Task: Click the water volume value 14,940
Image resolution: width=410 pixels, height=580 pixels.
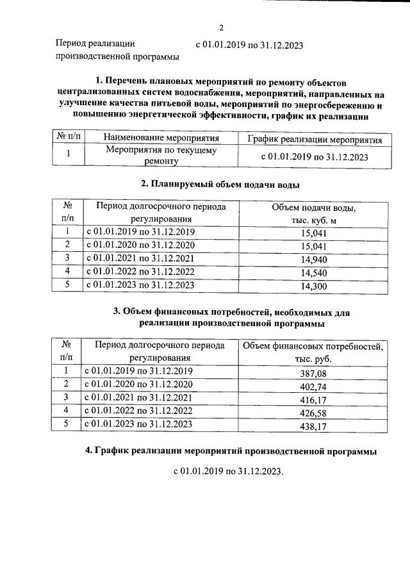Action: pos(314,259)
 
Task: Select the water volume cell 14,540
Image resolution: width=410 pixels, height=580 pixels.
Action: pos(314,272)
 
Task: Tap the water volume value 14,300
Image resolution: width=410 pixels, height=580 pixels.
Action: pos(314,286)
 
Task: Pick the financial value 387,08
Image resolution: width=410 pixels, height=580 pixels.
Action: pos(313,373)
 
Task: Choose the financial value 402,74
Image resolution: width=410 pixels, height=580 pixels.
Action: pos(313,386)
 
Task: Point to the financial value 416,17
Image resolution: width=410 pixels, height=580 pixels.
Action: pos(313,399)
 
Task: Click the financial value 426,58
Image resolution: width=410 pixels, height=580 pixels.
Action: pos(313,412)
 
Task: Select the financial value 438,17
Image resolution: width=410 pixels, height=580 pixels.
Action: pos(313,425)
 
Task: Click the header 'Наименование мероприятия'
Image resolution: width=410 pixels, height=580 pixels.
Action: pos(161,138)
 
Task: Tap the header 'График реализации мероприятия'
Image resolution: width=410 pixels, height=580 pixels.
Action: pos(314,139)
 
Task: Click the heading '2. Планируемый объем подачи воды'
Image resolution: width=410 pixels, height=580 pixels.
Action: pos(220,185)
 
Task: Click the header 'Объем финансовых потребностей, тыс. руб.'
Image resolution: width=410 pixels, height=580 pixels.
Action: pos(313,352)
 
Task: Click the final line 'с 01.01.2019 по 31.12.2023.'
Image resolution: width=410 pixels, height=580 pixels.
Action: pos(228,472)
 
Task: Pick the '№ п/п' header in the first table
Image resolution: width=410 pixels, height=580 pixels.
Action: pos(67,138)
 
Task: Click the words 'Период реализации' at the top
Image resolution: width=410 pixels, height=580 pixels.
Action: pos(95,44)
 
